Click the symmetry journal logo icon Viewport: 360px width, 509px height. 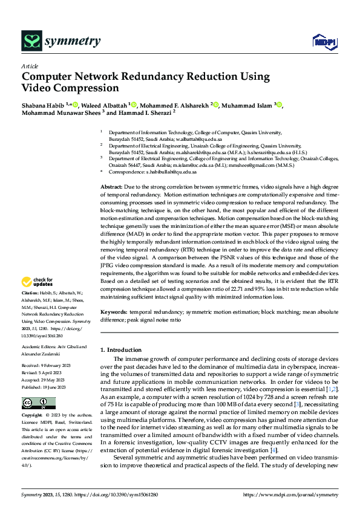31,41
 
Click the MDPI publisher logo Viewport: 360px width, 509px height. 321,41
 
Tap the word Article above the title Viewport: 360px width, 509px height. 29,66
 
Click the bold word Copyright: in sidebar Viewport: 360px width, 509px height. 33,416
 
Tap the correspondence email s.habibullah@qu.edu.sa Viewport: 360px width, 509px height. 170,172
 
